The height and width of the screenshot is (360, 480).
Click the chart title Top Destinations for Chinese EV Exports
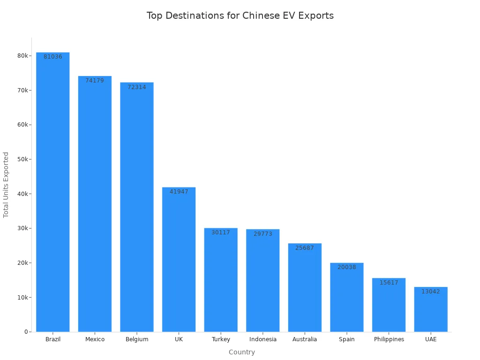[240, 15]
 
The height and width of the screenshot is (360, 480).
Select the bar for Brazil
[53, 192]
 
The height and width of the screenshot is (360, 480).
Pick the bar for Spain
[347, 297]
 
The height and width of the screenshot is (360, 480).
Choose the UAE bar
[431, 309]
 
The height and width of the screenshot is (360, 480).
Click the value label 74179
[95, 81]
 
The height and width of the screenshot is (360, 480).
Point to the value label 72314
[137, 87]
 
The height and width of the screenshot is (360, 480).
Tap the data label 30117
[221, 232]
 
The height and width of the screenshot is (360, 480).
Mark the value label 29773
[263, 234]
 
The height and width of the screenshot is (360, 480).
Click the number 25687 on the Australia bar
[305, 248]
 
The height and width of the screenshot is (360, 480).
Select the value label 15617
[389, 283]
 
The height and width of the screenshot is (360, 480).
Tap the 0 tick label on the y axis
[26, 332]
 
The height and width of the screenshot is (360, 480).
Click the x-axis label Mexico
[95, 339]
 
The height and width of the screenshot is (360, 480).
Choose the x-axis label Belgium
[137, 339]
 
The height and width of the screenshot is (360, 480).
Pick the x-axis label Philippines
[389, 339]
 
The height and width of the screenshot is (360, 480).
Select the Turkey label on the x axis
[221, 339]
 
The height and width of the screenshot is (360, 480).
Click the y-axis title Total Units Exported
[6, 185]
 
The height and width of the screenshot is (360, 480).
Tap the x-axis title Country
[242, 352]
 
